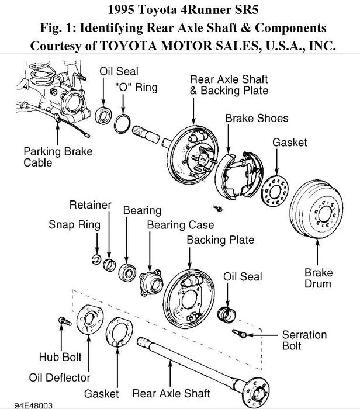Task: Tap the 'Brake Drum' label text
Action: (318, 278)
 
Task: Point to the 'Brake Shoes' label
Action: (257, 118)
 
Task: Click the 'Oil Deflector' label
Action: (60, 377)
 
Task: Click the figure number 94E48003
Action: (27, 404)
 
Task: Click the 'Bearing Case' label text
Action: (180, 225)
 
